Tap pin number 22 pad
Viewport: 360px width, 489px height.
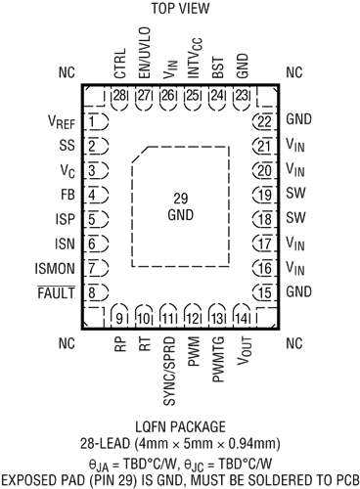261,122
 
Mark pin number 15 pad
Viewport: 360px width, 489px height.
261,292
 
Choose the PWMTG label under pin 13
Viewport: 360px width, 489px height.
217,355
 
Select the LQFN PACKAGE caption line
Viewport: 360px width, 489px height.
179,428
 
